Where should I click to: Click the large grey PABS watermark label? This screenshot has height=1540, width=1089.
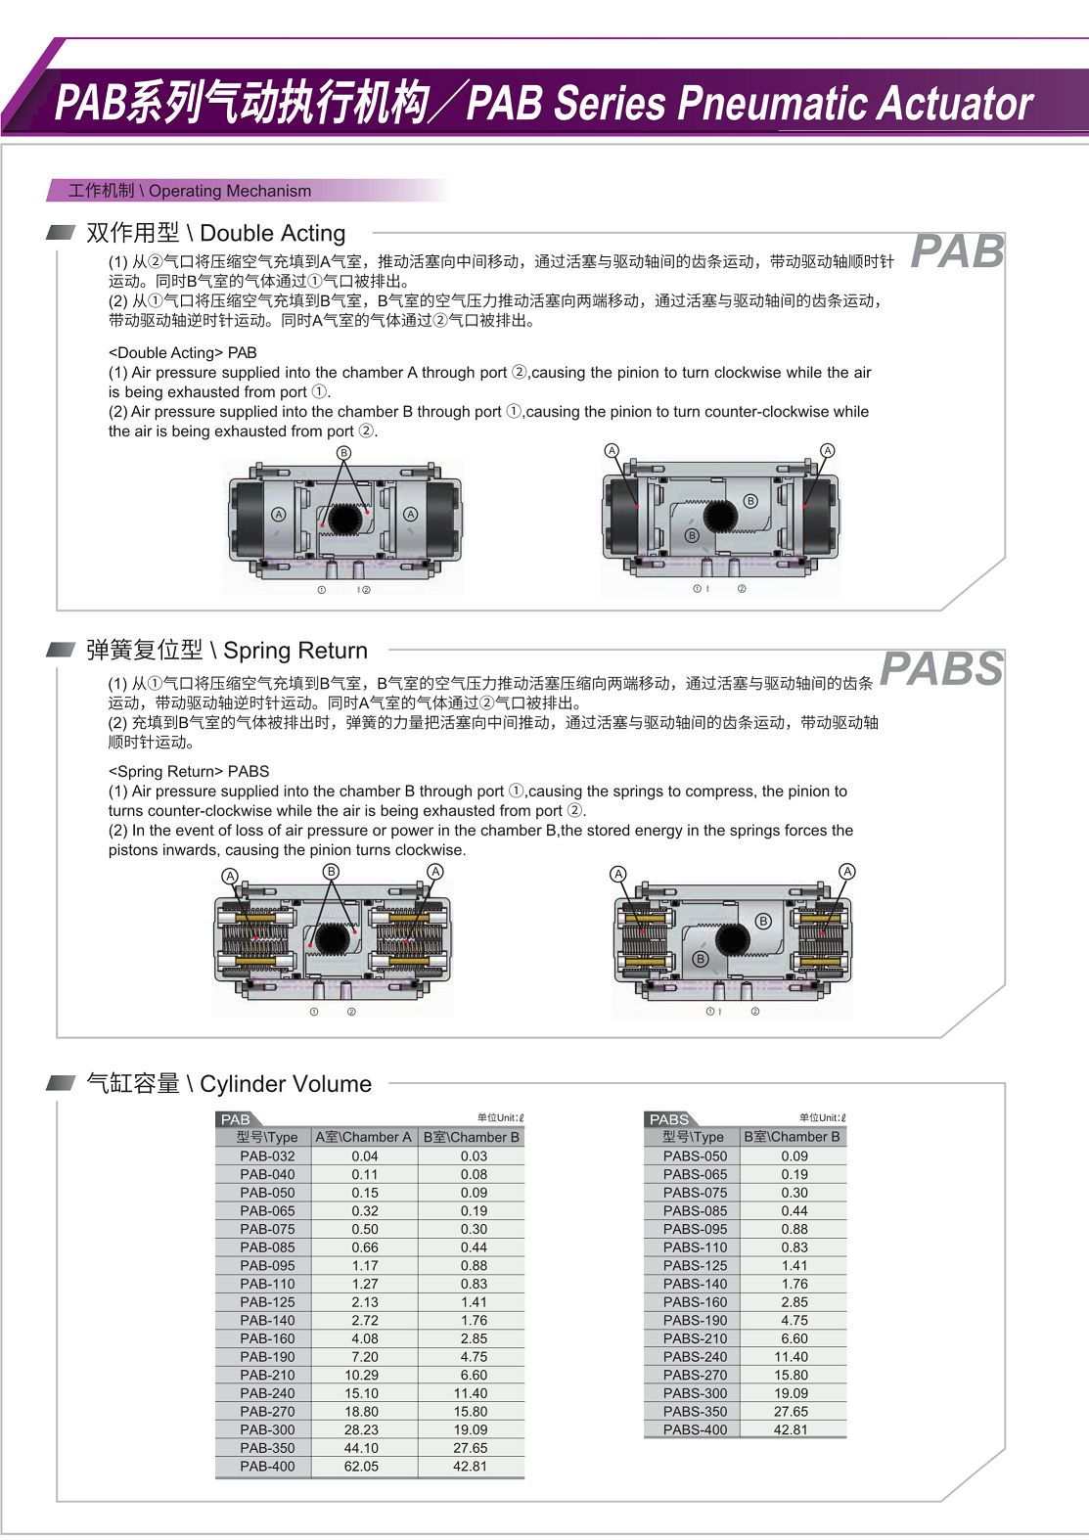pos(941,669)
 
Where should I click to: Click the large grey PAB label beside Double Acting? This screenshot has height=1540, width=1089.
pos(957,251)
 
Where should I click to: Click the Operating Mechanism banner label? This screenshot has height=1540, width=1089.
pos(190,191)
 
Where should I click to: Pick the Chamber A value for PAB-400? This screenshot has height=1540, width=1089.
pos(361,1466)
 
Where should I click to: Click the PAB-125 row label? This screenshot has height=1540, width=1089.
pos(267,1301)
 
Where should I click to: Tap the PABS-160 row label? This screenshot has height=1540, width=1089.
pos(695,1301)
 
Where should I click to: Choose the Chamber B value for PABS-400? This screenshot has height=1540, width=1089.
pos(791,1429)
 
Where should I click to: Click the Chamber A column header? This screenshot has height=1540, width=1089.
pos(363,1137)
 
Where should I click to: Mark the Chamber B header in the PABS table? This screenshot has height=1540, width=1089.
pos(792,1137)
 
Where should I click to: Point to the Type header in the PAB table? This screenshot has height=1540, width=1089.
pos(266,1137)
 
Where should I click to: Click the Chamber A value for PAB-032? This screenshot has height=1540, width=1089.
pos(364,1155)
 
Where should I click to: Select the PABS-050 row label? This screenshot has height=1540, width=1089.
pos(695,1155)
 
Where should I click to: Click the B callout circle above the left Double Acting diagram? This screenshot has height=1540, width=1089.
pos(343,453)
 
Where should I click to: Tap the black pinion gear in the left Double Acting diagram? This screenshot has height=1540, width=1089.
pos(344,518)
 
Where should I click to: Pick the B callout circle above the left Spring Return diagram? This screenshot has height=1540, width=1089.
pos(331,871)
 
